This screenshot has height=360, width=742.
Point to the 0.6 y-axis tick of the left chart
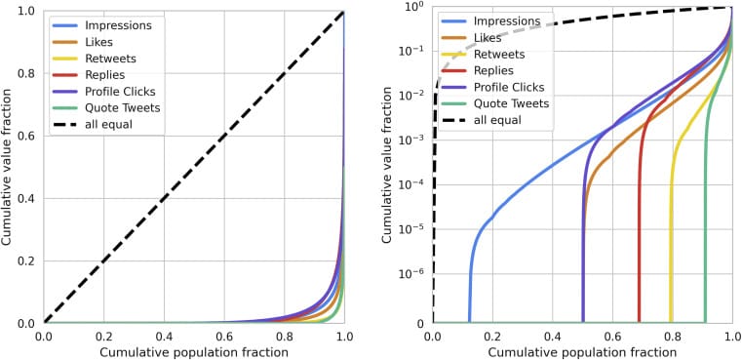coord(23,136)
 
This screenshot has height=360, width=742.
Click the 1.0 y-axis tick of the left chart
coord(23,11)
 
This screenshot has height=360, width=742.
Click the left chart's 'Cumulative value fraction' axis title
coord(8,166)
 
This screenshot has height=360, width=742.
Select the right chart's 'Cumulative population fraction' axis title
coord(582,352)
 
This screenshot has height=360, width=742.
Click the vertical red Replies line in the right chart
coord(640,244)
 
